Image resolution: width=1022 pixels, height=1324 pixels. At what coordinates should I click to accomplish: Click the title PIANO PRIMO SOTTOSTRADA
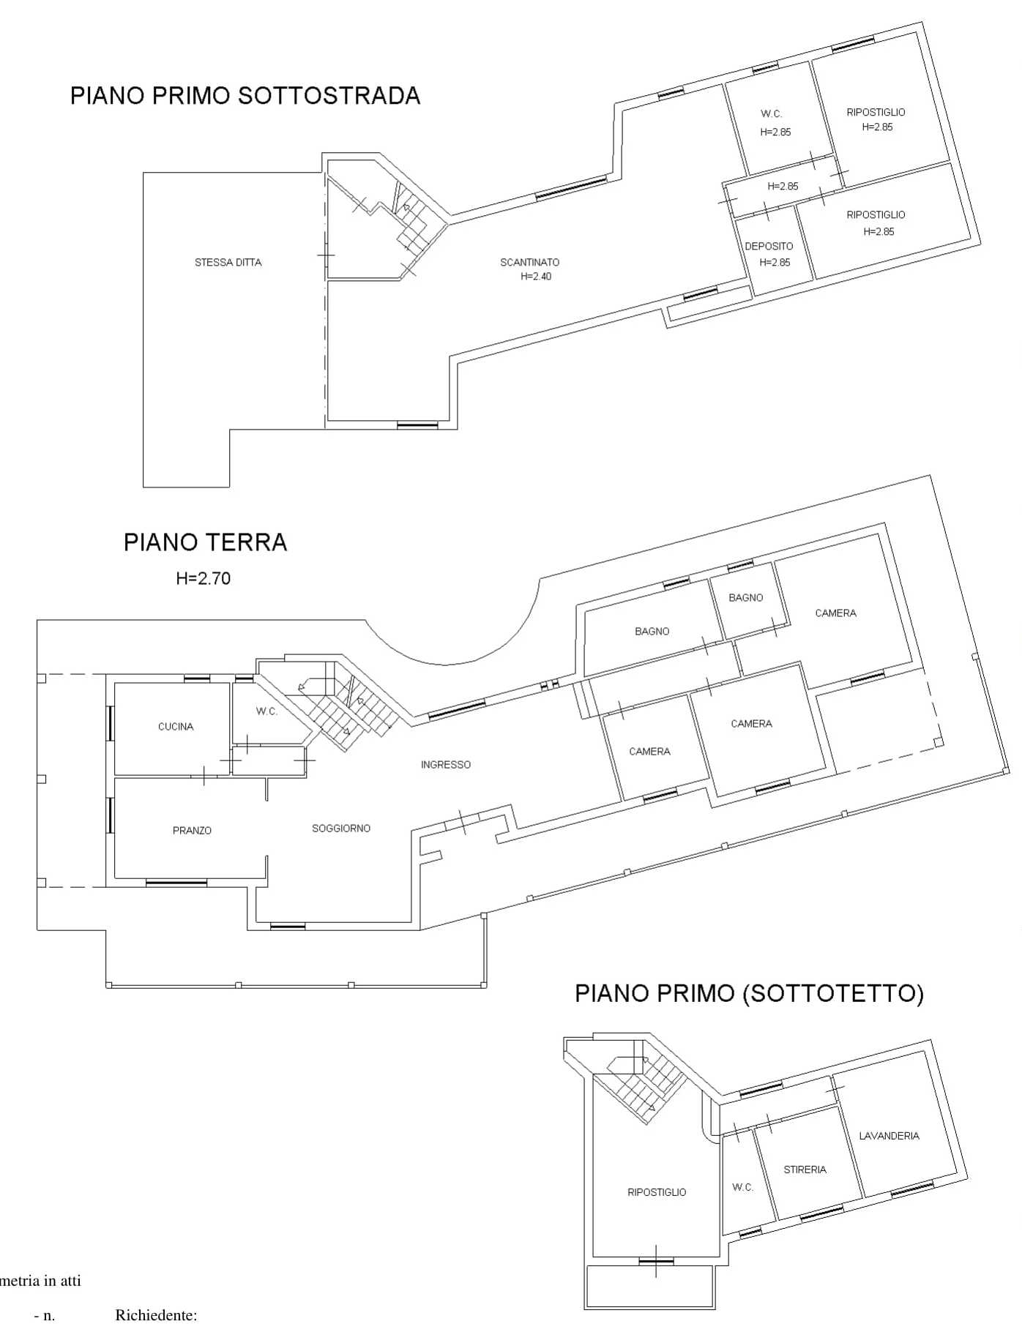point(245,96)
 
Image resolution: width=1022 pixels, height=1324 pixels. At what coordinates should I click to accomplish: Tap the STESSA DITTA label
point(228,262)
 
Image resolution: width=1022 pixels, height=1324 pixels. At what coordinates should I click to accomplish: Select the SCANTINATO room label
point(530,262)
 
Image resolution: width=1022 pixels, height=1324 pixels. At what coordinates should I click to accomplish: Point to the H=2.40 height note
point(536,277)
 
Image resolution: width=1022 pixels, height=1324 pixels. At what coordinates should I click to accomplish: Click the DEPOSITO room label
point(769,247)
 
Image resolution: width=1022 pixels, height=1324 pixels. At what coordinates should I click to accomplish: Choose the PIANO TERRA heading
point(205,542)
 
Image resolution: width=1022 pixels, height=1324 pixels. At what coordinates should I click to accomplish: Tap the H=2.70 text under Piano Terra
point(203,578)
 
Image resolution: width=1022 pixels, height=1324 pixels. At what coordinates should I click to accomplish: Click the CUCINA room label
point(176,727)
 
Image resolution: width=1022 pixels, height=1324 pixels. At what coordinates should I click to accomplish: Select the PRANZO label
point(192,831)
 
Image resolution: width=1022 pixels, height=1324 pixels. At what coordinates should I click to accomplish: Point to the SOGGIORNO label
point(341,829)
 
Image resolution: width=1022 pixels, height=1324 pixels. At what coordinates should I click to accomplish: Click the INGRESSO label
point(445,765)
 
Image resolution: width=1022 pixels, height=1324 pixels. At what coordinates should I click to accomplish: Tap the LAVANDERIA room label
point(889,1136)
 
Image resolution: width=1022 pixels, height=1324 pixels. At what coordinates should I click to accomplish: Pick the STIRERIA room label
point(805,1170)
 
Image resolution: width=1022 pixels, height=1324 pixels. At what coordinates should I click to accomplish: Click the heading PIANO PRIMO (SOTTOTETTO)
point(749,993)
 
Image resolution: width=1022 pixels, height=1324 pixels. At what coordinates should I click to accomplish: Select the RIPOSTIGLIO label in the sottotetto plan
point(657,1192)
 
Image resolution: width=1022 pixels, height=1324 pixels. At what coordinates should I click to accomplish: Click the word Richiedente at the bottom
point(156,1315)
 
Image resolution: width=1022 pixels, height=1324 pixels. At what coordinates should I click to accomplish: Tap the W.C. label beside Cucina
point(266,711)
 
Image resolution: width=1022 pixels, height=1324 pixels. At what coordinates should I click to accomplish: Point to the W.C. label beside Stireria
point(742,1187)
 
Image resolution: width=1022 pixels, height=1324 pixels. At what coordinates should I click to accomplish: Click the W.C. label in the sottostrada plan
point(771,114)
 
